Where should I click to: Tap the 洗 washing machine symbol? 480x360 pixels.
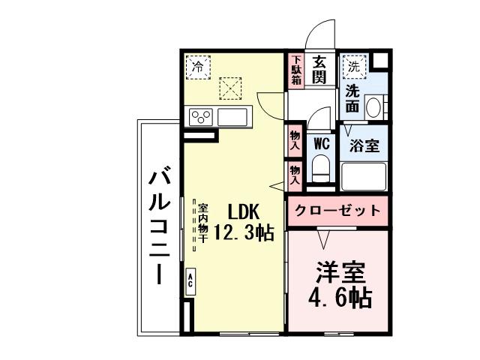[x=354, y=67]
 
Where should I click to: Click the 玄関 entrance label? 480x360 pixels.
[x=319, y=70]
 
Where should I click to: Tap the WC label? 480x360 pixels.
[x=322, y=142]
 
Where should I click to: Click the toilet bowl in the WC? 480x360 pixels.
[x=321, y=166]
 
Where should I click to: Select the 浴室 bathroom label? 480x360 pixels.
[x=364, y=145]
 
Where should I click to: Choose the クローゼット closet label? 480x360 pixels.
[x=337, y=211]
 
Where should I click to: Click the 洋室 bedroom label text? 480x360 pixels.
[x=339, y=271]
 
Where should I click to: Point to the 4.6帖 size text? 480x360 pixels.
[x=340, y=298]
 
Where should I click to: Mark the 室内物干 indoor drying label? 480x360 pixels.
[x=203, y=223]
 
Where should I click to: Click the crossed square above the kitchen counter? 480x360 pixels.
[x=230, y=88]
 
